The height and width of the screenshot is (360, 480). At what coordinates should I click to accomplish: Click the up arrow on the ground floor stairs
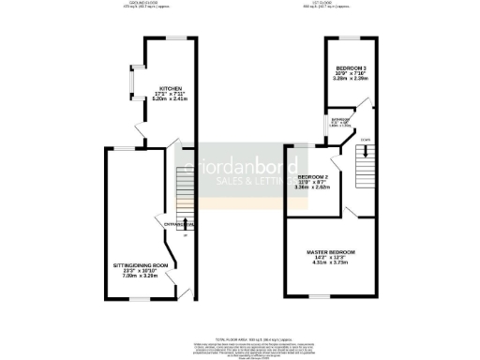coord(185,220)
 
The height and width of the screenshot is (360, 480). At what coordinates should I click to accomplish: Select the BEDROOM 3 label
coord(352,67)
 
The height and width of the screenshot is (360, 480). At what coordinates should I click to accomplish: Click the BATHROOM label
coord(338,120)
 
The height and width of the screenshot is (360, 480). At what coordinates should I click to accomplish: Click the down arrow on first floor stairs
coord(363,142)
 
